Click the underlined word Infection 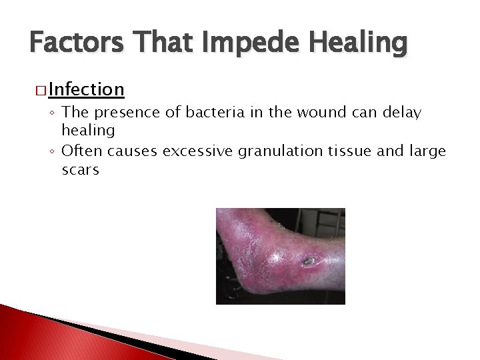85,89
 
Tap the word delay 402,113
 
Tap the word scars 80,170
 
